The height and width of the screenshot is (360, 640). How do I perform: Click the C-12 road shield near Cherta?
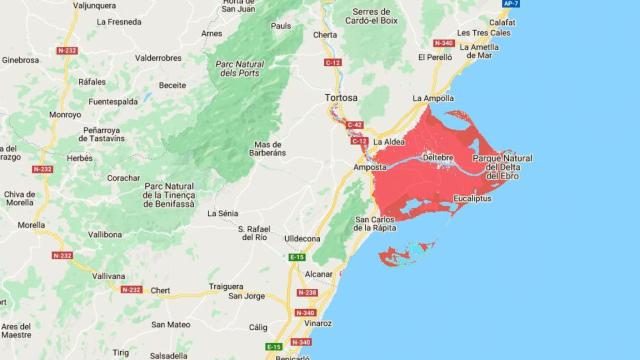click(333, 63)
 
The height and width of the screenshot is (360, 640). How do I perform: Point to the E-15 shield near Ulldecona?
click(297, 258)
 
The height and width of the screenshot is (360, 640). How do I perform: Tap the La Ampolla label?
click(432, 98)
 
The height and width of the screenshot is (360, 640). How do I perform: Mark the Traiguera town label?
click(227, 286)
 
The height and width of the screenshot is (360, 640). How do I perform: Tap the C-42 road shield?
click(355, 125)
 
